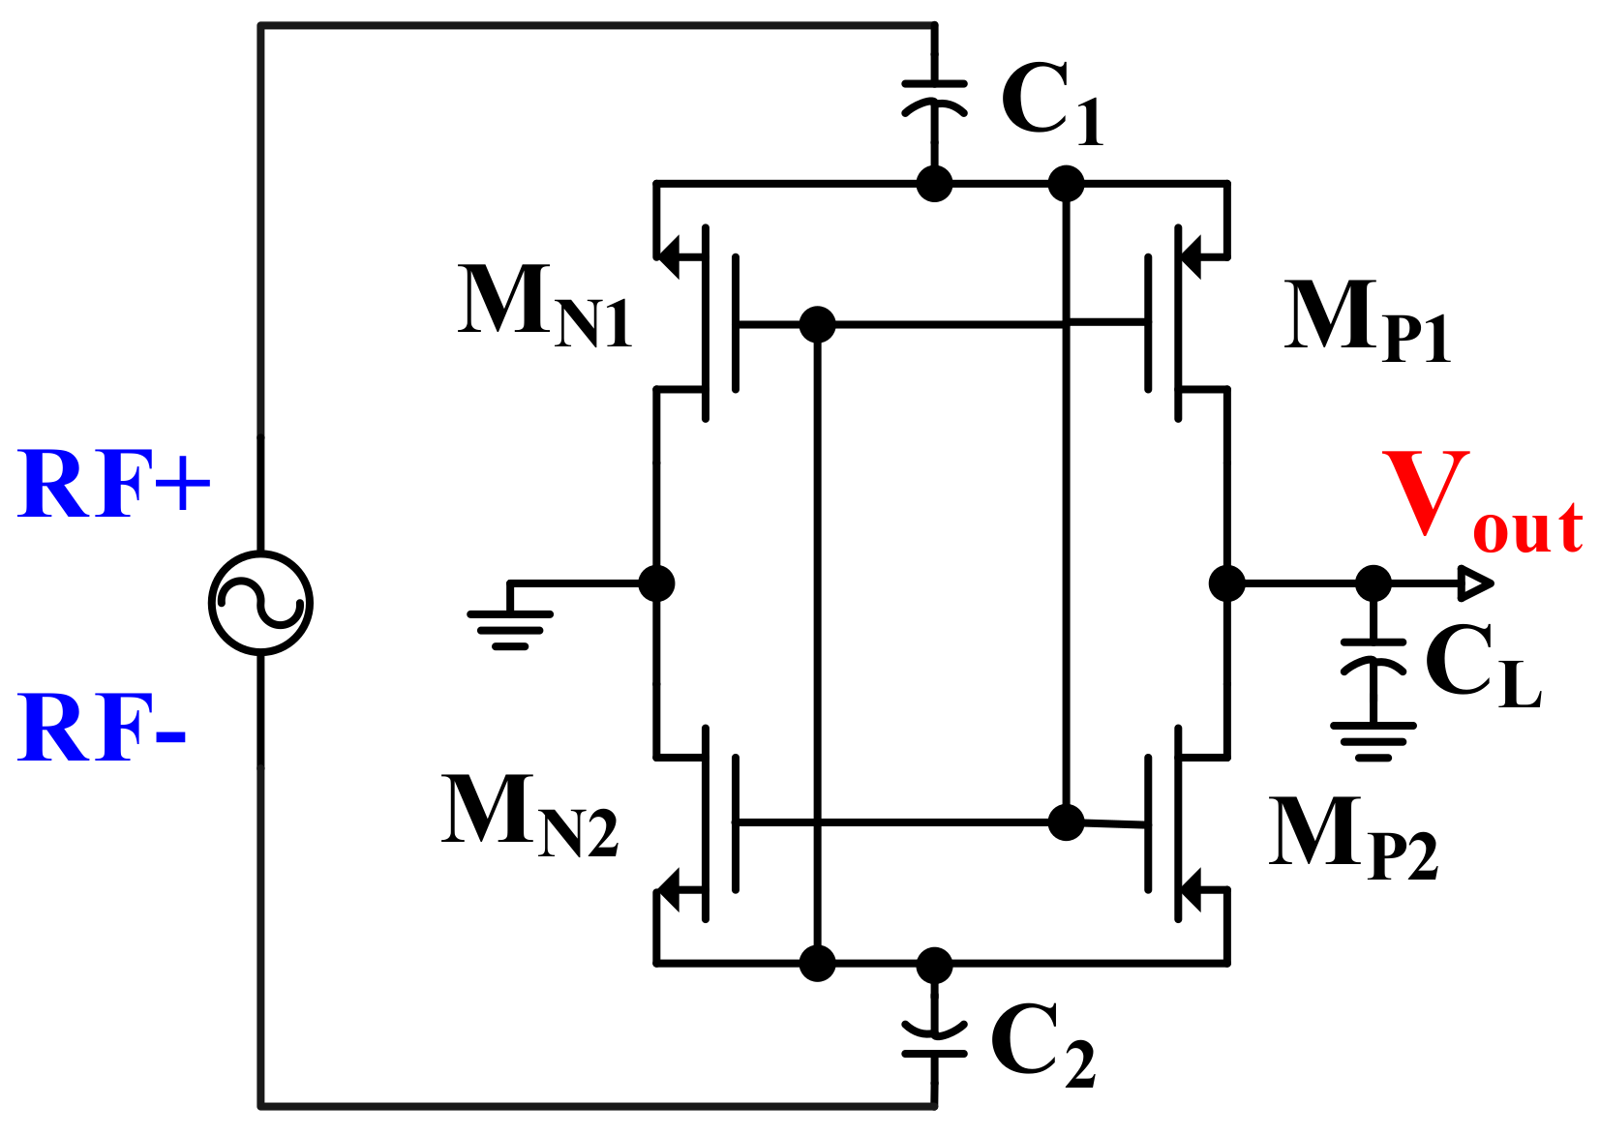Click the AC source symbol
[x=260, y=603]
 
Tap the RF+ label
[x=114, y=485]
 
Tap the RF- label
[x=102, y=728]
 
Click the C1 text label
[x=1051, y=103]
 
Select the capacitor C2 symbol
[x=934, y=1040]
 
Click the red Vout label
[x=1482, y=504]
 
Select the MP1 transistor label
[x=1367, y=318]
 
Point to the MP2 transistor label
[x=1352, y=835]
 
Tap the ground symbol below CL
[x=1373, y=741]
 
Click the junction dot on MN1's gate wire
[x=818, y=324]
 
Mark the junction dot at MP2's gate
[x=1066, y=822]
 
